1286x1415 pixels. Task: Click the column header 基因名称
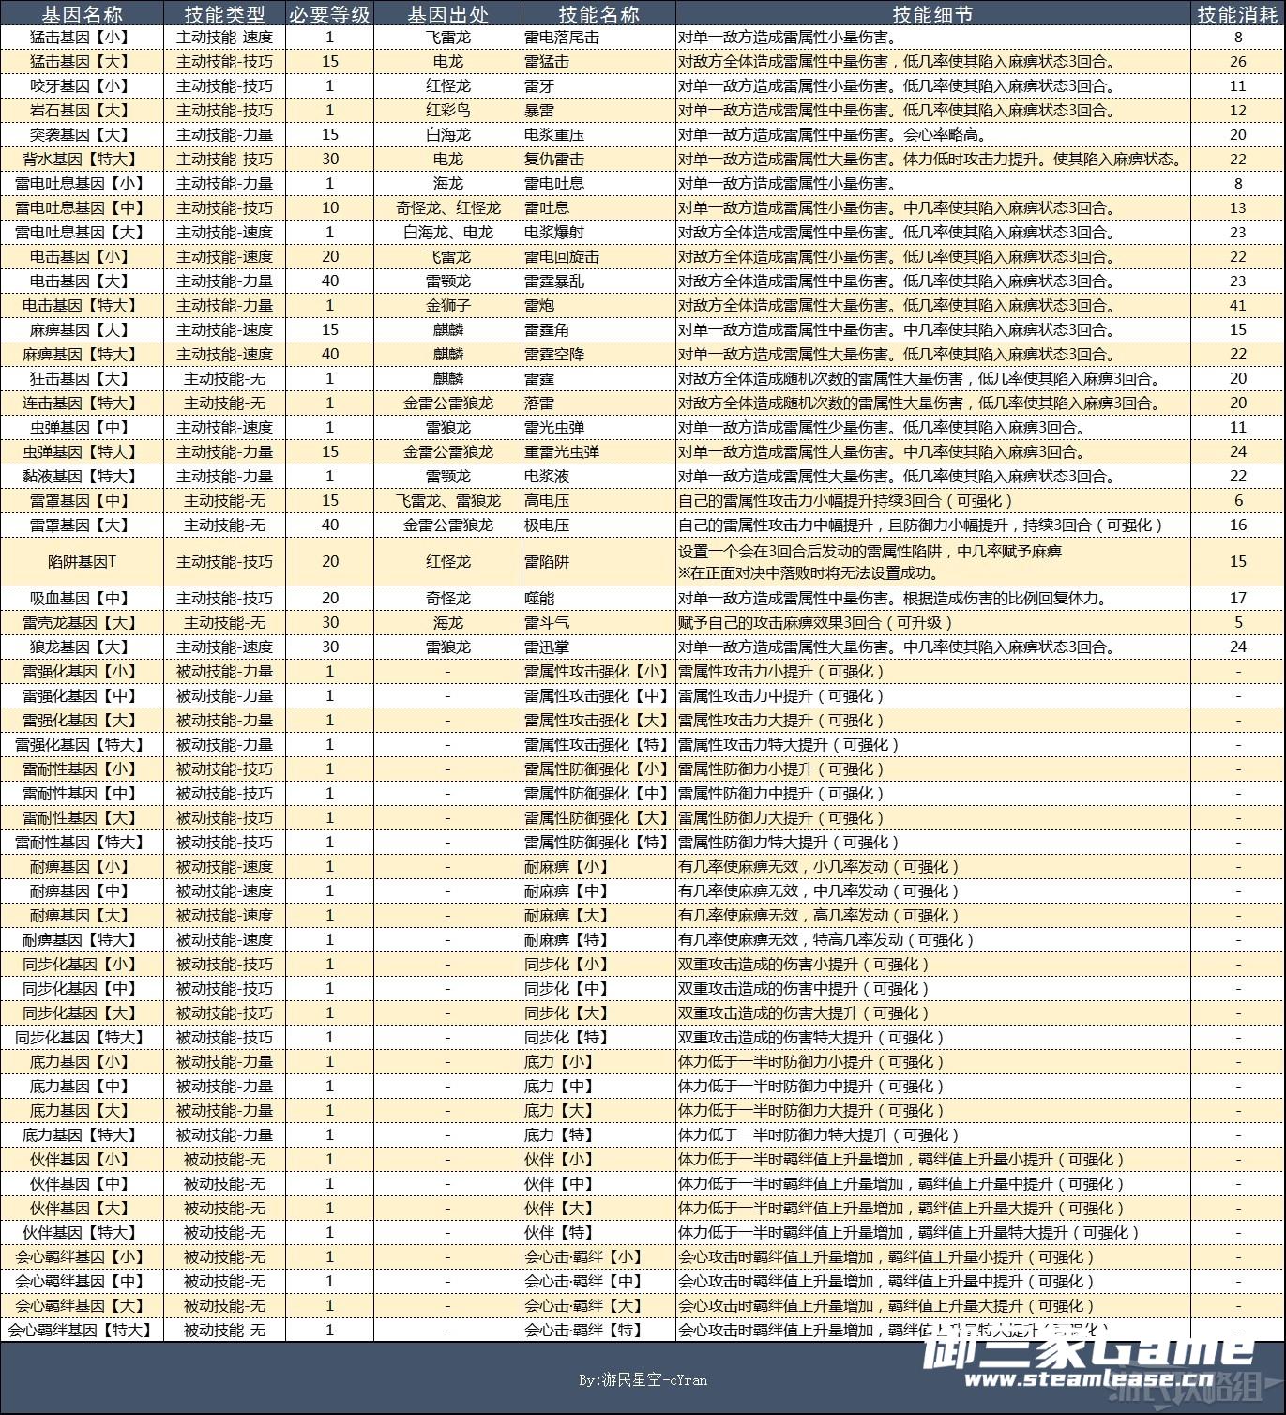[x=82, y=14]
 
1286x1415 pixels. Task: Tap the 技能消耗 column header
[x=1237, y=14]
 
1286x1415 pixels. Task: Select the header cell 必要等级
[x=329, y=14]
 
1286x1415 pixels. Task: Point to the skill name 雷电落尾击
[x=561, y=38]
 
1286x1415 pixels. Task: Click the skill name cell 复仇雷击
[x=553, y=160]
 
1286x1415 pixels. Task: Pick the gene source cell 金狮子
[x=447, y=306]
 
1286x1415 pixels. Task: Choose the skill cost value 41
[x=1237, y=306]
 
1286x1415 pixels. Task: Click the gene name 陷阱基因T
[x=82, y=561]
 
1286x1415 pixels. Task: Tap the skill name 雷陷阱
[x=546, y=561]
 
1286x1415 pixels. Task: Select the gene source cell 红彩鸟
[x=447, y=111]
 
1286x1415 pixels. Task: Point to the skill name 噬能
[x=538, y=599]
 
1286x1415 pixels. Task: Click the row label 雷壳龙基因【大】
[x=82, y=623]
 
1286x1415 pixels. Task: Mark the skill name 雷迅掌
[x=546, y=647]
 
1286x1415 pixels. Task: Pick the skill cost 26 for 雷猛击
[x=1237, y=62]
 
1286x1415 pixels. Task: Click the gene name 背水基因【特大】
[x=82, y=160]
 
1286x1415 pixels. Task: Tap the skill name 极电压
[x=546, y=525]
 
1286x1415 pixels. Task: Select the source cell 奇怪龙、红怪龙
[x=447, y=208]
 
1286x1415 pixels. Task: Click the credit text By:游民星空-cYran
[x=643, y=1379]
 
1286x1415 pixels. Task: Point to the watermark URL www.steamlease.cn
[x=1088, y=1379]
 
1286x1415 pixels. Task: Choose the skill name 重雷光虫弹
[x=561, y=452]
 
